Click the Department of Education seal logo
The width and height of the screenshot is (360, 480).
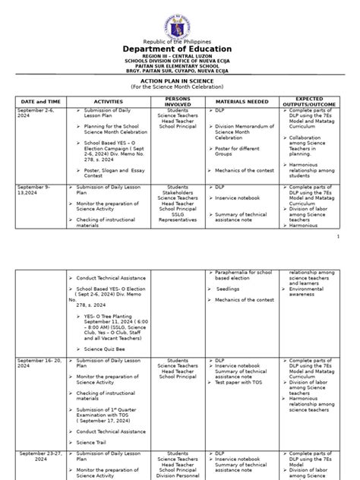[179, 19]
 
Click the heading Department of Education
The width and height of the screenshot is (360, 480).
[179, 50]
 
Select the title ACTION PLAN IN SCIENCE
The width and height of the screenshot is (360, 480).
[179, 81]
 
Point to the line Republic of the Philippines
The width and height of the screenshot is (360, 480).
[179, 41]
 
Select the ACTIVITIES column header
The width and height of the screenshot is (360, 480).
[108, 101]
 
